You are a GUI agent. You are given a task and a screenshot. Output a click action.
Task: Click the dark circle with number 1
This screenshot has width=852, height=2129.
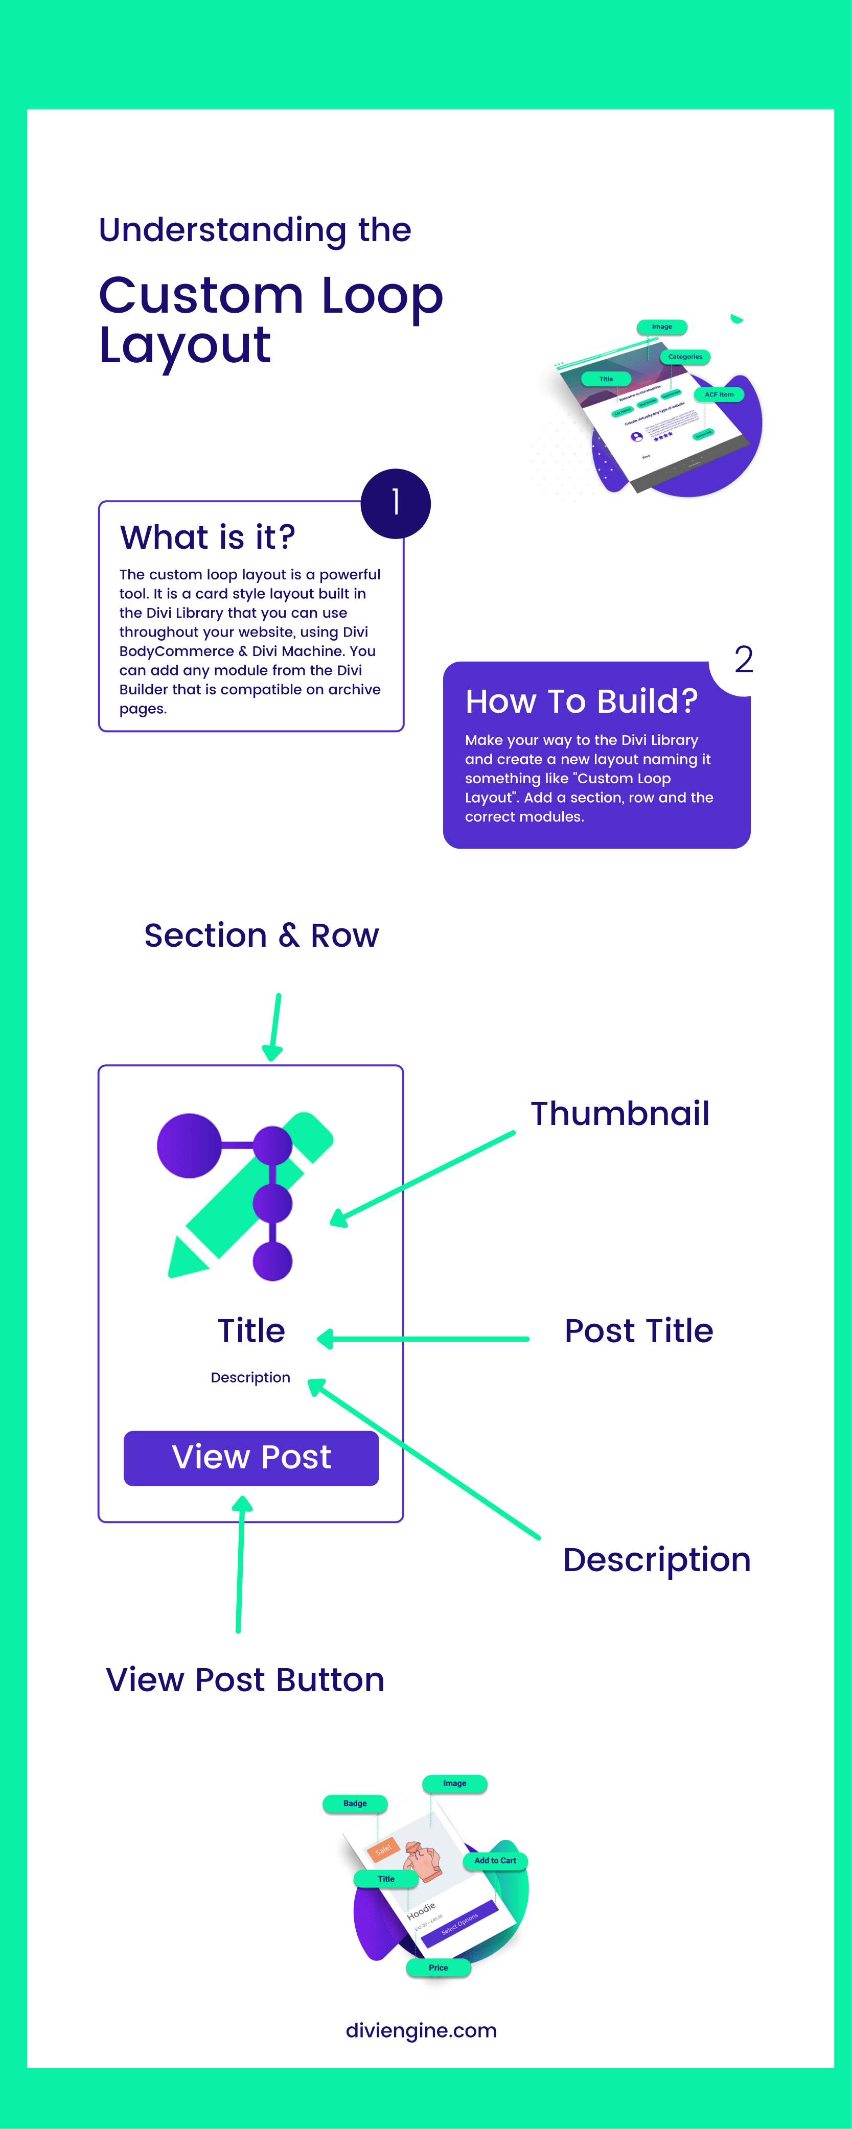tap(395, 503)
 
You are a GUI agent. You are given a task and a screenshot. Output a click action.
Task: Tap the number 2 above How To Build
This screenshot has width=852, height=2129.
tap(743, 660)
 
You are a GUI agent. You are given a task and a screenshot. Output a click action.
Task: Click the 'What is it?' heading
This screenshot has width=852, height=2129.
tap(208, 537)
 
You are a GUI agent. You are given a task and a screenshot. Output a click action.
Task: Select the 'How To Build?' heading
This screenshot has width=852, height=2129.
tap(581, 701)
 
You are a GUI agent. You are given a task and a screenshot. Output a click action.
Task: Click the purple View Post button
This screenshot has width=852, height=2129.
tap(251, 1458)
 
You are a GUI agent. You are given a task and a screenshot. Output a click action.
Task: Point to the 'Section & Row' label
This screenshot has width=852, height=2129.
tap(261, 935)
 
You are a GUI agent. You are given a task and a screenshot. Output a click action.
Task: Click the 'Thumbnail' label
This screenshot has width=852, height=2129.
tap(620, 1113)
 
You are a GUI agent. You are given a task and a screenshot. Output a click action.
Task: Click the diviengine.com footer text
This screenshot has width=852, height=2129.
tap(421, 2031)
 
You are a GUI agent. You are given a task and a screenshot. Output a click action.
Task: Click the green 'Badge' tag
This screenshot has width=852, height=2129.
tap(355, 1804)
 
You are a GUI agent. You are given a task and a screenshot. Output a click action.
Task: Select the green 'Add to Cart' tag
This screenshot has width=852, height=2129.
tap(495, 1860)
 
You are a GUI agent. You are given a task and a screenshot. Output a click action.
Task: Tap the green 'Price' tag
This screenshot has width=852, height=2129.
tap(438, 1968)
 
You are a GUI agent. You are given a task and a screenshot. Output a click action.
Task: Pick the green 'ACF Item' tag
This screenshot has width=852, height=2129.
tap(719, 394)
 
